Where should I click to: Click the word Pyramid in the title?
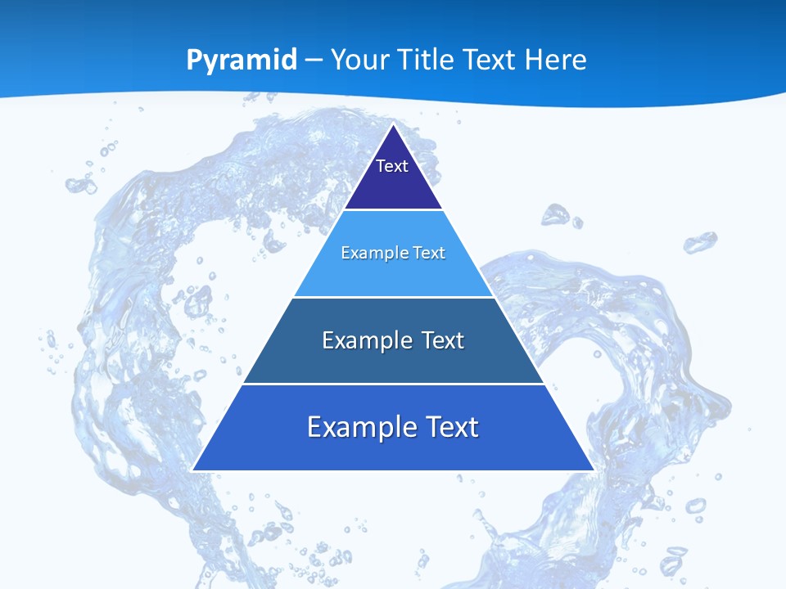click(x=242, y=61)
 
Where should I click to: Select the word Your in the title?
click(x=359, y=60)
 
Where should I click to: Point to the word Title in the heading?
click(x=425, y=60)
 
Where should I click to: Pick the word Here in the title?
click(x=557, y=60)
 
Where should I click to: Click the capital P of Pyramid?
click(x=194, y=60)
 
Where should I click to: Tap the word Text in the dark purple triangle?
click(x=392, y=166)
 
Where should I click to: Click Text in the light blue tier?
click(x=429, y=253)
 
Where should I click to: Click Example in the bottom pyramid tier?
click(x=355, y=427)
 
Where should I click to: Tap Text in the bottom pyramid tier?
click(x=451, y=427)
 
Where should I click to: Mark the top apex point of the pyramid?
click(x=393, y=124)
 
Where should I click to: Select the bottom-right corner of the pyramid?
click(x=593, y=470)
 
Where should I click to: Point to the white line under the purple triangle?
click(x=393, y=210)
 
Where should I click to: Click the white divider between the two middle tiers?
click(x=393, y=297)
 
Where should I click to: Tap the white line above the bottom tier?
click(x=393, y=384)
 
